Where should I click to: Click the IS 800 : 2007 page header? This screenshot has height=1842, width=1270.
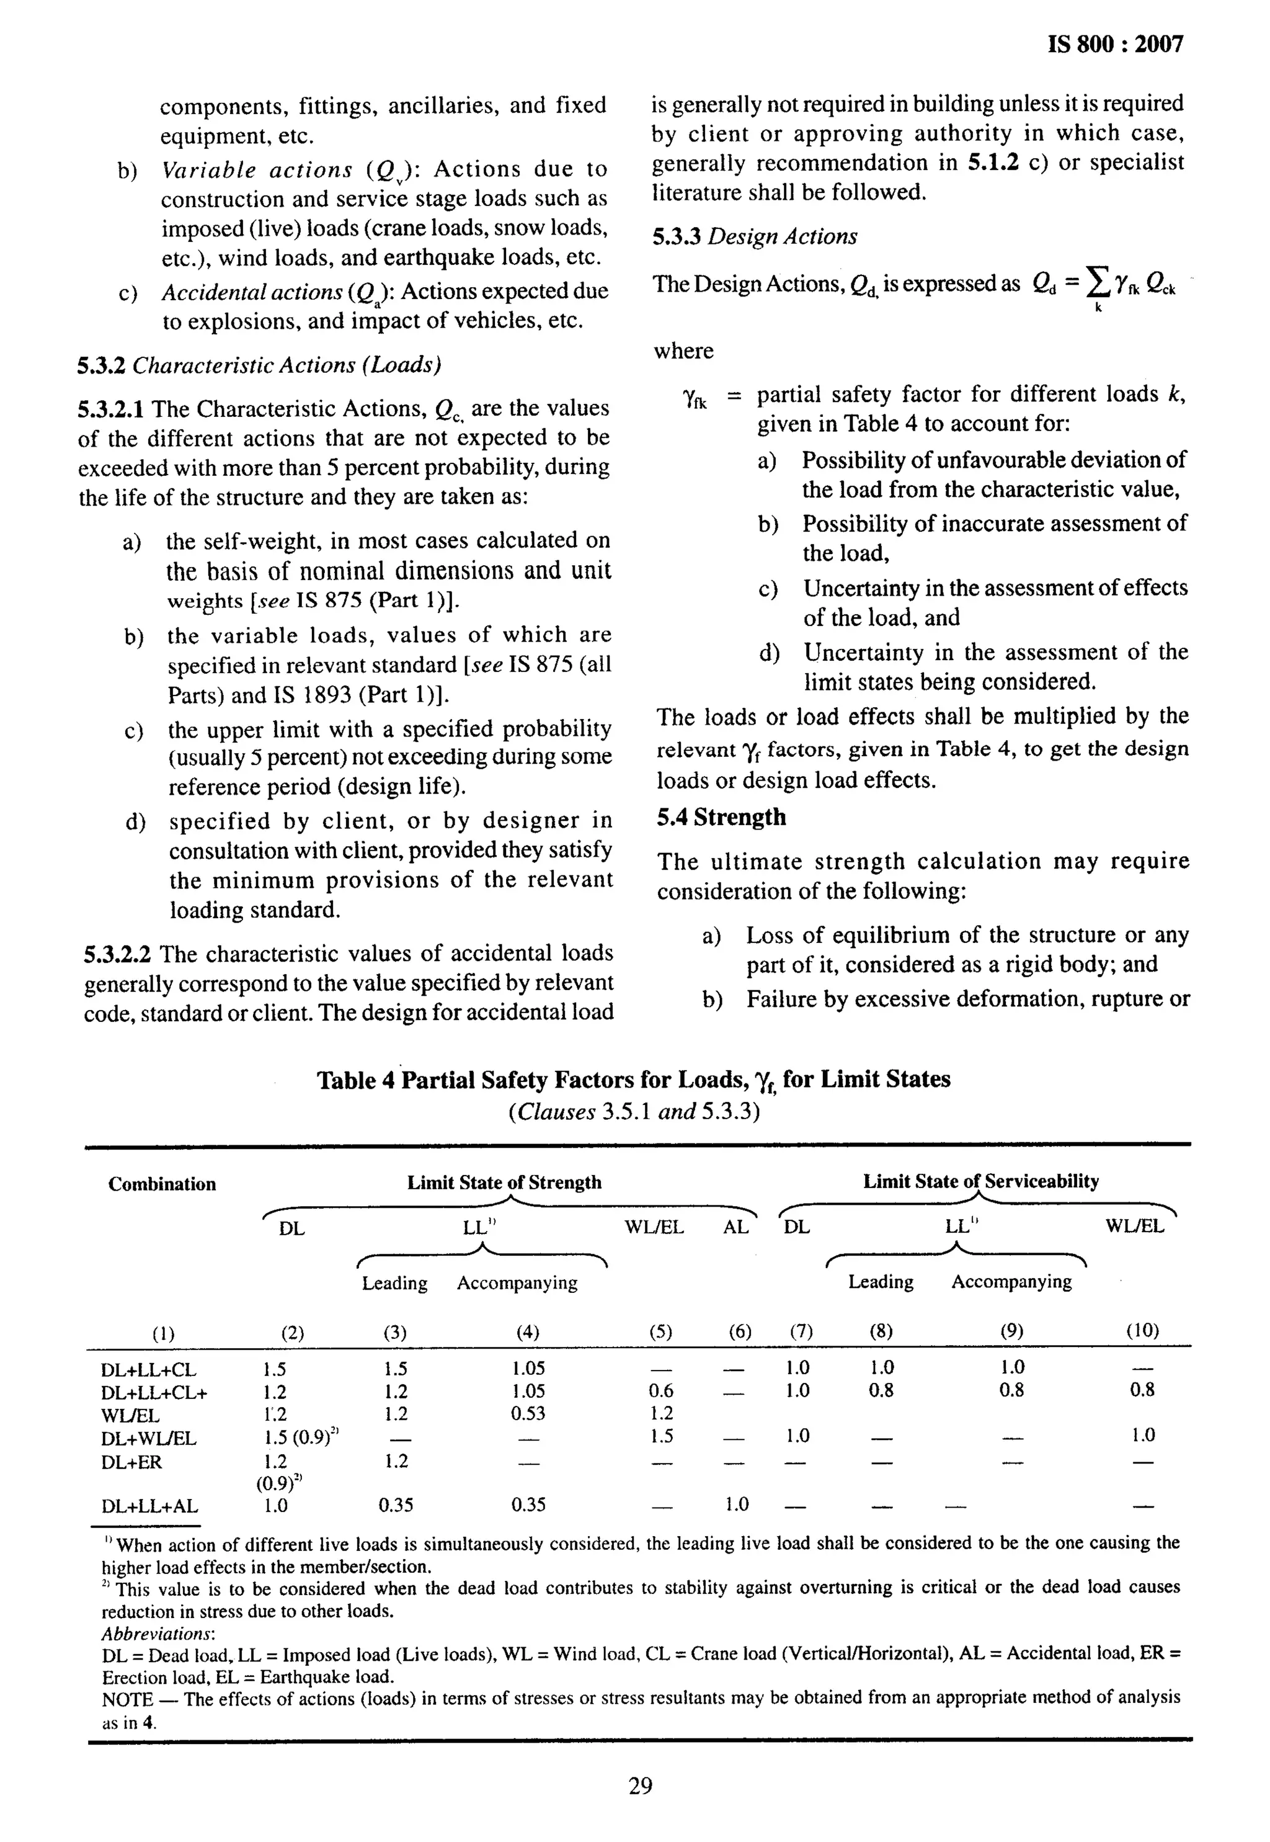[1116, 44]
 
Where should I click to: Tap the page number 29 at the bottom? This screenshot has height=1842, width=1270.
[640, 1786]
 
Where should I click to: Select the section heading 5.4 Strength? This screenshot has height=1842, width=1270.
[721, 818]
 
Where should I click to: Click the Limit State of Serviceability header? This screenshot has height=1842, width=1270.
[980, 1181]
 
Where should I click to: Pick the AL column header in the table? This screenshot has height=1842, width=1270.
[735, 1227]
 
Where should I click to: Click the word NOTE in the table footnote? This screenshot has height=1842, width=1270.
[127, 1699]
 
